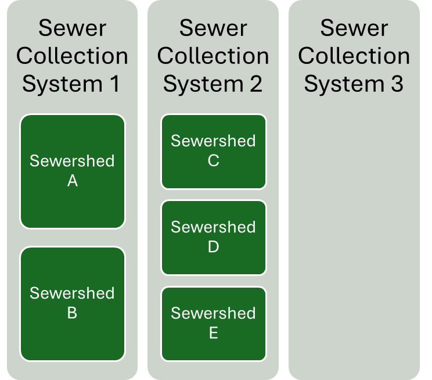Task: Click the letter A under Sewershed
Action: pos(73,181)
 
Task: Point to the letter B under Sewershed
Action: pos(73,313)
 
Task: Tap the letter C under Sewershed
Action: pos(213,161)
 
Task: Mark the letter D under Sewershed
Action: pos(213,247)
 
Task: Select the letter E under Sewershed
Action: pos(213,334)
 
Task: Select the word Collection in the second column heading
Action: pos(213,56)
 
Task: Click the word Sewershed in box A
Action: pos(73,161)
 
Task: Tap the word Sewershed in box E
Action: pos(213,313)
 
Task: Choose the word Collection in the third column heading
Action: pos(354,56)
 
